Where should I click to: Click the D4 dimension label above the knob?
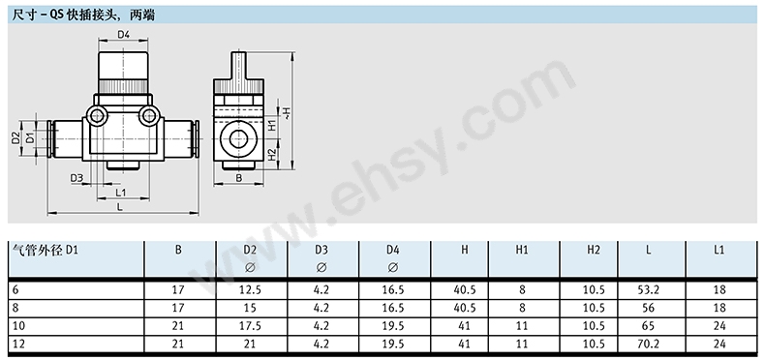tap(123, 34)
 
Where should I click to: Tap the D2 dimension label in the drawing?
tap(15, 138)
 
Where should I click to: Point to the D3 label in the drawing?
tap(76, 178)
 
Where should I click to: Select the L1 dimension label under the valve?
tap(121, 193)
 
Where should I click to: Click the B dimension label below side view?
tap(238, 178)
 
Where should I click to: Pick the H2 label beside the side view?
tap(272, 156)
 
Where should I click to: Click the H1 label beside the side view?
tap(272, 126)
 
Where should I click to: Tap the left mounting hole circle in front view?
tap(97, 116)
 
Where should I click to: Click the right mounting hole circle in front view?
tap(149, 116)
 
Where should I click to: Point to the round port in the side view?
tap(238, 140)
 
